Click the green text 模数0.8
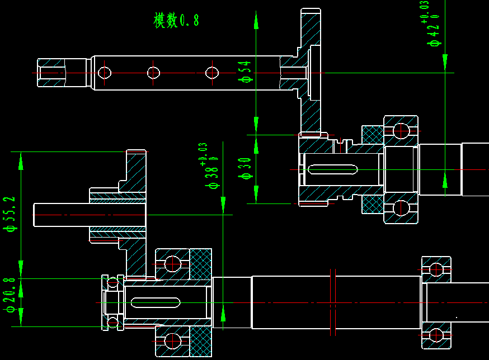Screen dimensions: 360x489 (x=176, y=21)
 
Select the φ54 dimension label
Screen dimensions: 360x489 (x=245, y=72)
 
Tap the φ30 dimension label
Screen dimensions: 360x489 (x=245, y=168)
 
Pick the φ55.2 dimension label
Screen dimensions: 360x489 (x=10, y=214)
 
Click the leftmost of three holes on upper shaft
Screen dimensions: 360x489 (x=105, y=73)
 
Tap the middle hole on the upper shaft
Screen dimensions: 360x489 (x=154, y=73)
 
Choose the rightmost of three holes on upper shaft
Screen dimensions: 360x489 (x=211, y=73)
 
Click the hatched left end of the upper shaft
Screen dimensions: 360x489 (x=50, y=73)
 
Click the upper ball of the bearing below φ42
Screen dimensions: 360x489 (x=401, y=130)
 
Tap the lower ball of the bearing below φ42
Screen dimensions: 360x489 (x=401, y=208)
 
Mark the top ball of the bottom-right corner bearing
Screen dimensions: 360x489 (x=436, y=269)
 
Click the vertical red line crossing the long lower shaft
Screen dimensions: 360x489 (x=332, y=302)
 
